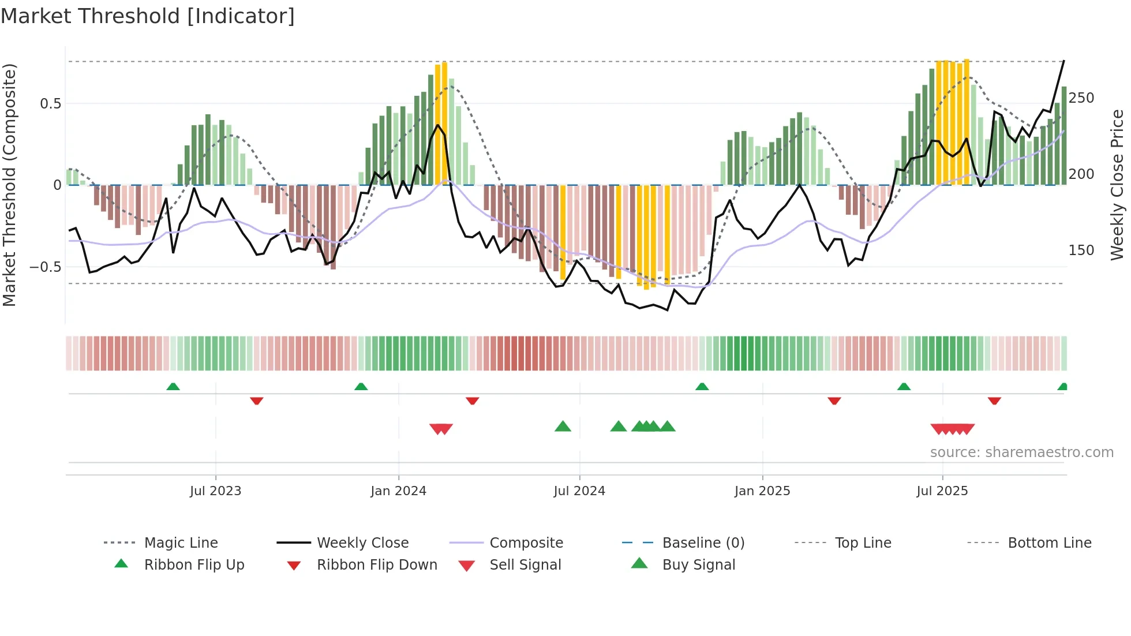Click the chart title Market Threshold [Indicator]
[x=148, y=16]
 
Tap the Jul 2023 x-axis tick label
[x=215, y=491]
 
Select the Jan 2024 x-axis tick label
[x=398, y=491]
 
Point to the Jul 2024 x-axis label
[x=579, y=491]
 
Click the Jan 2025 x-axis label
[x=762, y=491]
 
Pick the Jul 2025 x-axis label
[x=942, y=491]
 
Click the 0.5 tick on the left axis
[x=50, y=104]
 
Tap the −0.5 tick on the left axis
[x=45, y=267]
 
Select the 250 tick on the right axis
[x=1081, y=98]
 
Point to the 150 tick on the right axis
[x=1081, y=250]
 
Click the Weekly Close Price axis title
[x=1118, y=185]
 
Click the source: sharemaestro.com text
[x=1021, y=452]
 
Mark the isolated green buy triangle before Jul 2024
[x=563, y=427]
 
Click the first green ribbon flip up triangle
[x=173, y=387]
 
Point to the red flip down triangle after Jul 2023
[x=257, y=401]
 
